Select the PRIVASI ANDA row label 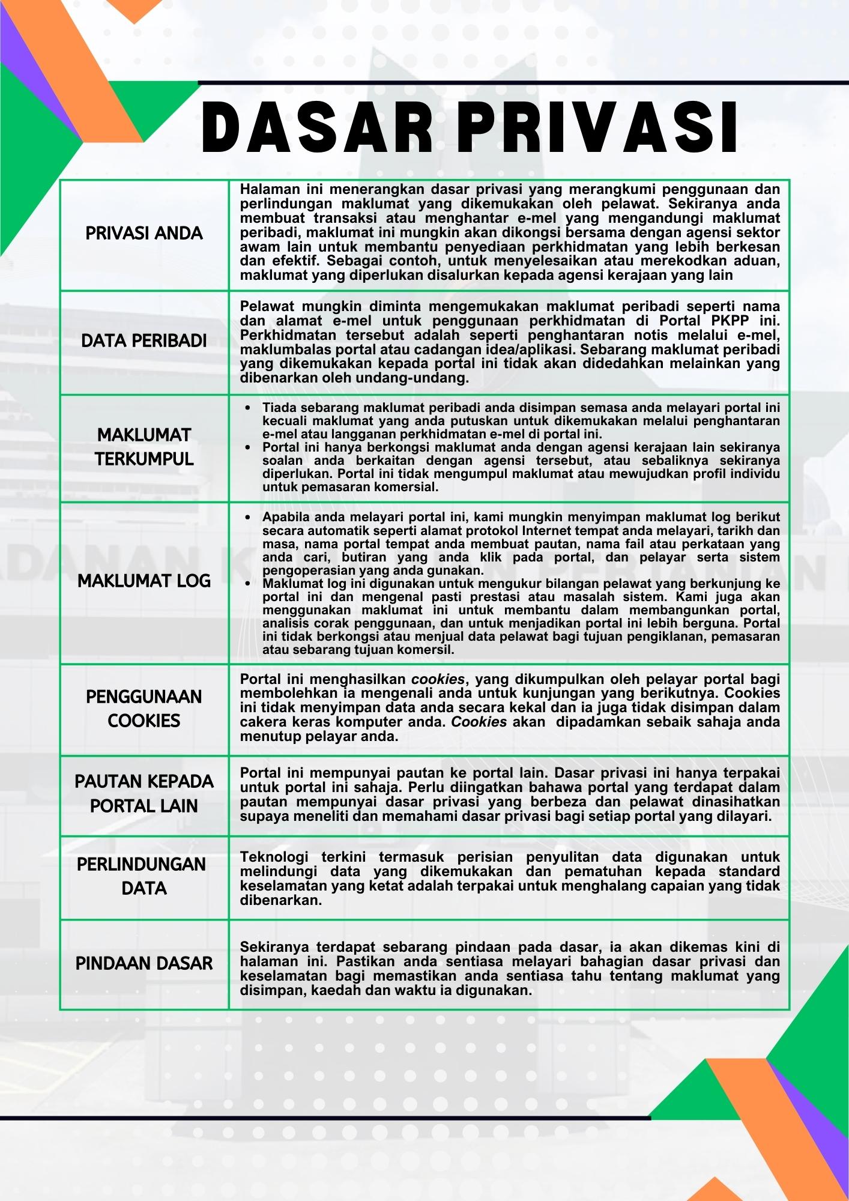point(144,233)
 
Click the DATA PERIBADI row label point(144,340)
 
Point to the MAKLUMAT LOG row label point(144,581)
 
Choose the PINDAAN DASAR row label point(144,963)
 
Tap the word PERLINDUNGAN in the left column point(142,864)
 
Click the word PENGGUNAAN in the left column point(144,697)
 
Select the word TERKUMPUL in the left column point(144,459)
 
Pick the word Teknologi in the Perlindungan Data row point(274,857)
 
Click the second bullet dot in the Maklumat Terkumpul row point(248,447)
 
